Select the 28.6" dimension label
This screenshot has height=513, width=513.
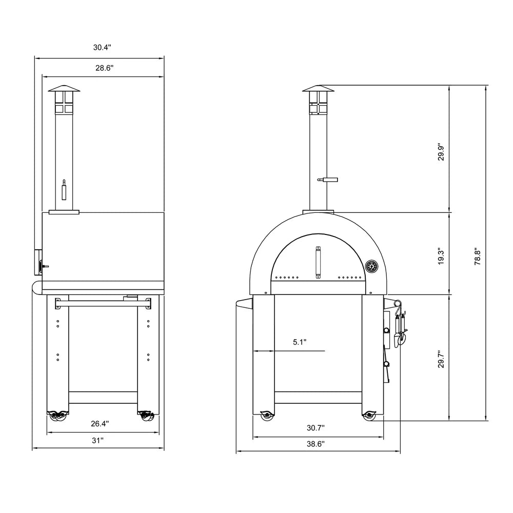[x=103, y=68]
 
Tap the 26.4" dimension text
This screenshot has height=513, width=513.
[x=99, y=424]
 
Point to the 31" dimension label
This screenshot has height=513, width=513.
[x=98, y=440]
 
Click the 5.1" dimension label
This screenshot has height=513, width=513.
[x=300, y=342]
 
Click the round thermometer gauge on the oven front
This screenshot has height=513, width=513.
[x=371, y=267]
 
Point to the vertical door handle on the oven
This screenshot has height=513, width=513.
[x=318, y=262]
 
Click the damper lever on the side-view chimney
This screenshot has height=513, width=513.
[x=64, y=190]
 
